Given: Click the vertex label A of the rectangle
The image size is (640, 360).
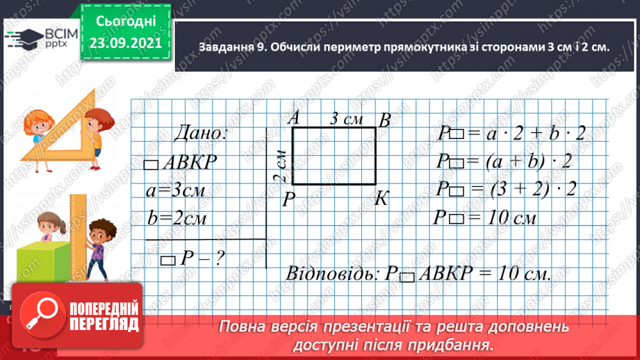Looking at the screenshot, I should [x=293, y=118].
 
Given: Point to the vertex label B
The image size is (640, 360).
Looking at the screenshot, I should [x=384, y=120].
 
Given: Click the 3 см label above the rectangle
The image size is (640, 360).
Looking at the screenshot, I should [x=345, y=119].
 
